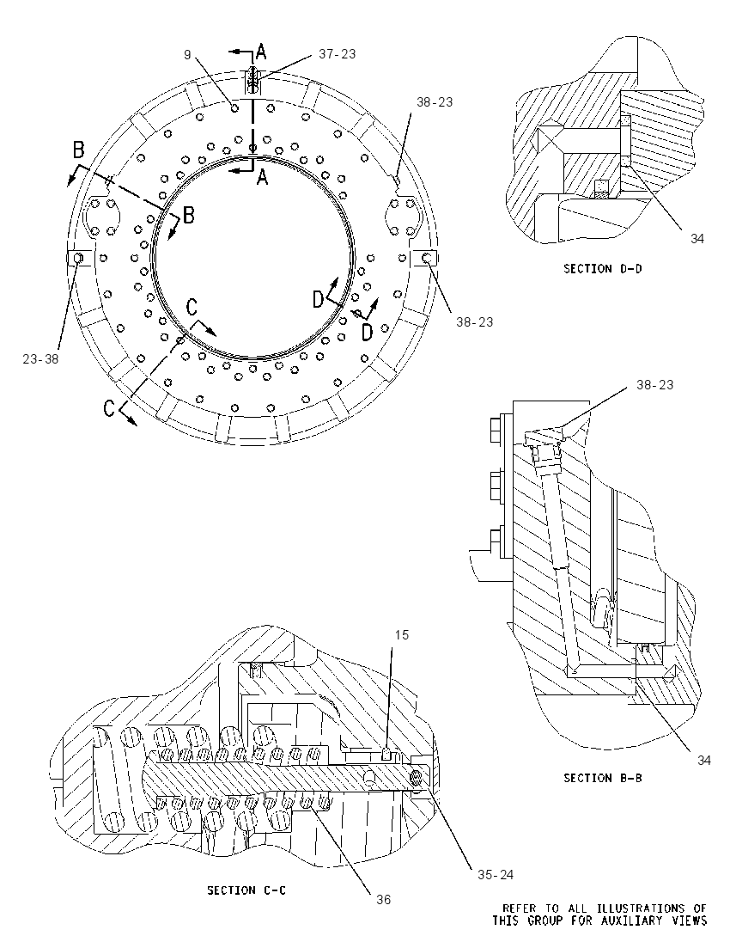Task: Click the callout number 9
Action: pos(188,55)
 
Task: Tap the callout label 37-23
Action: pos(337,54)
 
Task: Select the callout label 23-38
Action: pos(40,359)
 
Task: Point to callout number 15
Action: pos(402,635)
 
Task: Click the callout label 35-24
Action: pos(496,875)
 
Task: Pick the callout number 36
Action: pos(384,899)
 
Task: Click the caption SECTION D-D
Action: pos(602,268)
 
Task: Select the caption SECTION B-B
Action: pos(602,778)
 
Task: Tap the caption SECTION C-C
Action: pos(246,890)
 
